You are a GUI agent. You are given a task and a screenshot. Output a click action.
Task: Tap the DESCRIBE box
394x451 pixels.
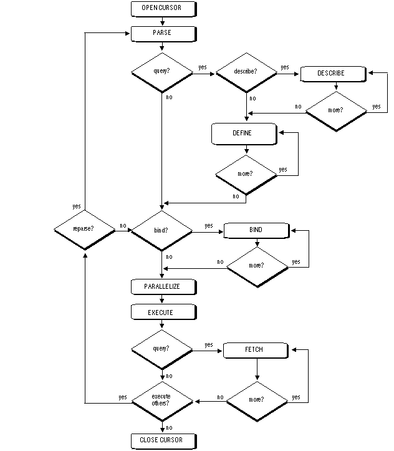pos(331,73)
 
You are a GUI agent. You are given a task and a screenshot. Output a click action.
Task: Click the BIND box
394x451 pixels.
pos(256,230)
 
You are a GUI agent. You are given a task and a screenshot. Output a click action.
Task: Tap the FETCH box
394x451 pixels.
pos(256,350)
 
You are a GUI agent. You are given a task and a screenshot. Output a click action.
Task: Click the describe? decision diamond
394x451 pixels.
pos(247,73)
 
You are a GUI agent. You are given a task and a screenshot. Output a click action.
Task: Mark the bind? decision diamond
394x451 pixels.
pos(161,230)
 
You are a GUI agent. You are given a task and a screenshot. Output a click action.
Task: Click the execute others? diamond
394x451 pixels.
pos(161,400)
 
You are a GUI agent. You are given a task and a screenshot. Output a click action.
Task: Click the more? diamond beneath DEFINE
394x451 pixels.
pos(246,173)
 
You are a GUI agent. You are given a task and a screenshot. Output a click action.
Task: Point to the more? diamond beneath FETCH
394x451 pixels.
pos(256,399)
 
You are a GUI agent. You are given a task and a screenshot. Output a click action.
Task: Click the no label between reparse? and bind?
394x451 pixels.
pos(122,226)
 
